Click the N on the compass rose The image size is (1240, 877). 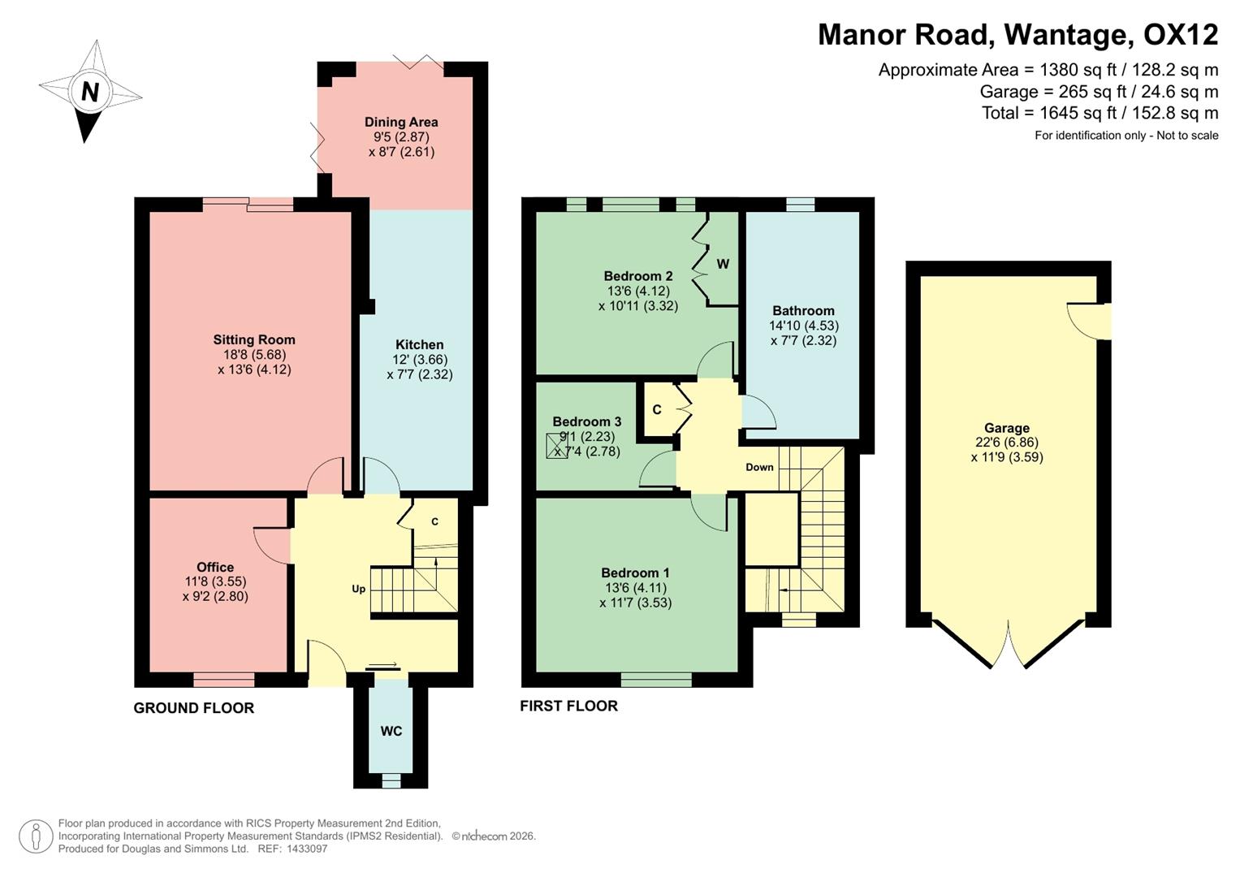coord(89,92)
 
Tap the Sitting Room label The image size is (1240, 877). coord(254,340)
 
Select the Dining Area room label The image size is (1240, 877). coord(401,123)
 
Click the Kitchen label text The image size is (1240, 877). coord(419,345)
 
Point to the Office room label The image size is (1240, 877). coord(215,568)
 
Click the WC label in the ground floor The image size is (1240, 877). coord(391,732)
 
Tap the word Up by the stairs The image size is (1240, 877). coord(358,589)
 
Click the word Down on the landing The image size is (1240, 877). coord(759,467)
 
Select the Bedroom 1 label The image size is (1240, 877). coord(635,573)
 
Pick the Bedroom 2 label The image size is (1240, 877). coord(637,276)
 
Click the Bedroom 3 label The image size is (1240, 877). coord(586,421)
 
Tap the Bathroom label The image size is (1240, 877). coord(803,311)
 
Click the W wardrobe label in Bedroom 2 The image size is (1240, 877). coord(723,264)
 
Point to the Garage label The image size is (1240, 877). coord(1006,428)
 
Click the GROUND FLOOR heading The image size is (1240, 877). coord(194,708)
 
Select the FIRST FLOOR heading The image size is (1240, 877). coord(568,706)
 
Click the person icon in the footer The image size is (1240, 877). coord(36,836)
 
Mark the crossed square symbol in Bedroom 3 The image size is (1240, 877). coord(557,447)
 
